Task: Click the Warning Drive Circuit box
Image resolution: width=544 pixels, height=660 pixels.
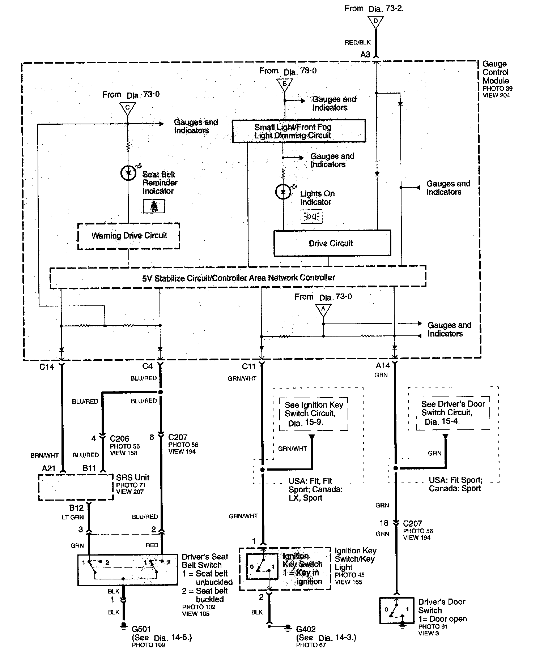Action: [129, 236]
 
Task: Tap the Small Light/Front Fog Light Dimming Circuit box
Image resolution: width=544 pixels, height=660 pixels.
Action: [299, 131]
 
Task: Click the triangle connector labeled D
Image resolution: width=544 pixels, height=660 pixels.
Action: [375, 21]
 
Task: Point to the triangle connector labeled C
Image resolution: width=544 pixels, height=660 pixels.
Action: [127, 108]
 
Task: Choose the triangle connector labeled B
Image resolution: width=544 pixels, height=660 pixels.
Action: [284, 85]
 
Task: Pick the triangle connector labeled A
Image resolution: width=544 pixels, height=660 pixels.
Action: [323, 309]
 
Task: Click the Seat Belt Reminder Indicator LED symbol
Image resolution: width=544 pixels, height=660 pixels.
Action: [128, 173]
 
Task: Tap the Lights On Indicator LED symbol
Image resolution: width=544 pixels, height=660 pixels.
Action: [283, 192]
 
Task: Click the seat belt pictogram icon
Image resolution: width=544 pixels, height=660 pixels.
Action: [154, 206]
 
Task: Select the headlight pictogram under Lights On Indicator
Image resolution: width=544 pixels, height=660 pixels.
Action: [311, 217]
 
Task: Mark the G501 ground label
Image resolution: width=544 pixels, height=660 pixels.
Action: [141, 629]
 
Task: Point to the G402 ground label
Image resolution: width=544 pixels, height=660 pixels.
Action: [306, 629]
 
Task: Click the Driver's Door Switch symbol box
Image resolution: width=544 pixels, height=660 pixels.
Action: [396, 610]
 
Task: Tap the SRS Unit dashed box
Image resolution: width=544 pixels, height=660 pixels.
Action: [76, 487]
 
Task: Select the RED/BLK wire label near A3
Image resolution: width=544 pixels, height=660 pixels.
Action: [357, 43]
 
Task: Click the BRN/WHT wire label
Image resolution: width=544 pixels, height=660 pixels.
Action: [44, 455]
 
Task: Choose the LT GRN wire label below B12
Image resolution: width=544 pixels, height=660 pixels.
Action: [73, 517]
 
